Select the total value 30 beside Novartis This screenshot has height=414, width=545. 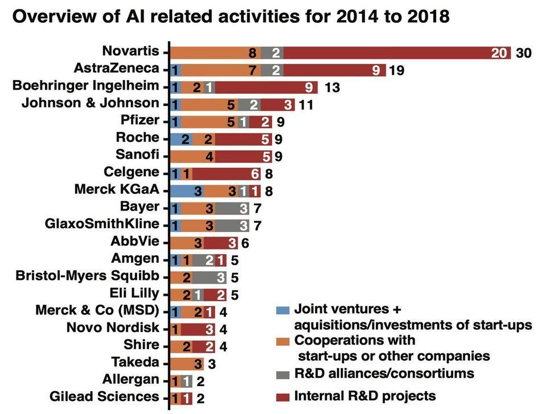tap(523, 53)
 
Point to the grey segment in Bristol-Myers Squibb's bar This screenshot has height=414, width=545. tap(209, 278)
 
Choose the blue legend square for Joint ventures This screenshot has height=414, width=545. tap(281, 310)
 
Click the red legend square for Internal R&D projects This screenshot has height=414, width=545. tap(281, 396)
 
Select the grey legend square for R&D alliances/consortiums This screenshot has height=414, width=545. tap(281, 374)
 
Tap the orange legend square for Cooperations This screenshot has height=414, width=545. tap(281, 341)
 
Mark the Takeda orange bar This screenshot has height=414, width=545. tap(187, 363)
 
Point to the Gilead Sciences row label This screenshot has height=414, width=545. tap(104, 396)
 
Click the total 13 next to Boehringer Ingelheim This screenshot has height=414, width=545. tap(332, 87)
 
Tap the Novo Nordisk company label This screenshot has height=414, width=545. tap(113, 328)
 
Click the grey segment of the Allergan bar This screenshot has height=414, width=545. tap(186, 380)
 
